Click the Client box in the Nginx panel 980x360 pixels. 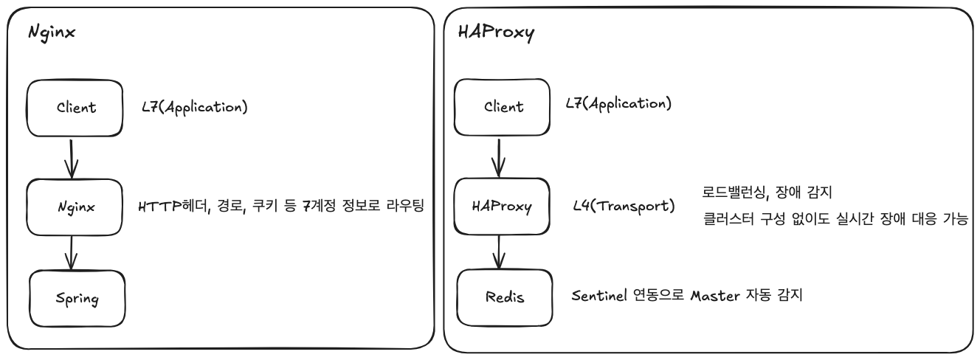[75, 108]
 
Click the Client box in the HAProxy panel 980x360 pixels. [501, 106]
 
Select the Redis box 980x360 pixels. [503, 296]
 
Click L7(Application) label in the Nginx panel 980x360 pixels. [195, 106]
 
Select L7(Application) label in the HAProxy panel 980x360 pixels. [618, 103]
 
